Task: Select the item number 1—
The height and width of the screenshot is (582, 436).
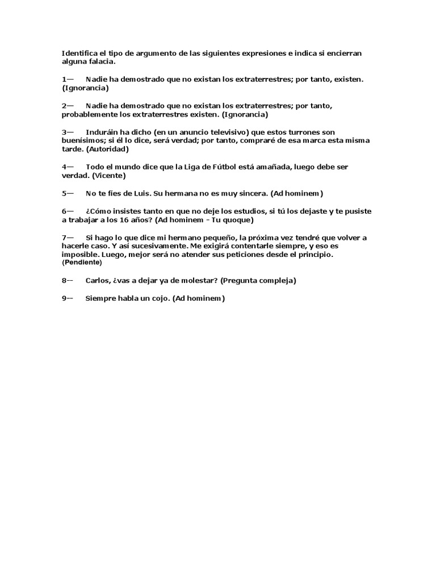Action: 68,79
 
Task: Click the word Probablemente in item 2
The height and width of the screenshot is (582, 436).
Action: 88,114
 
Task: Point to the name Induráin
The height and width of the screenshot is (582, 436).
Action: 103,132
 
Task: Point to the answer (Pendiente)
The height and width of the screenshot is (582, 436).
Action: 82,263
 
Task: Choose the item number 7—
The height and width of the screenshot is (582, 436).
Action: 68,237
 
